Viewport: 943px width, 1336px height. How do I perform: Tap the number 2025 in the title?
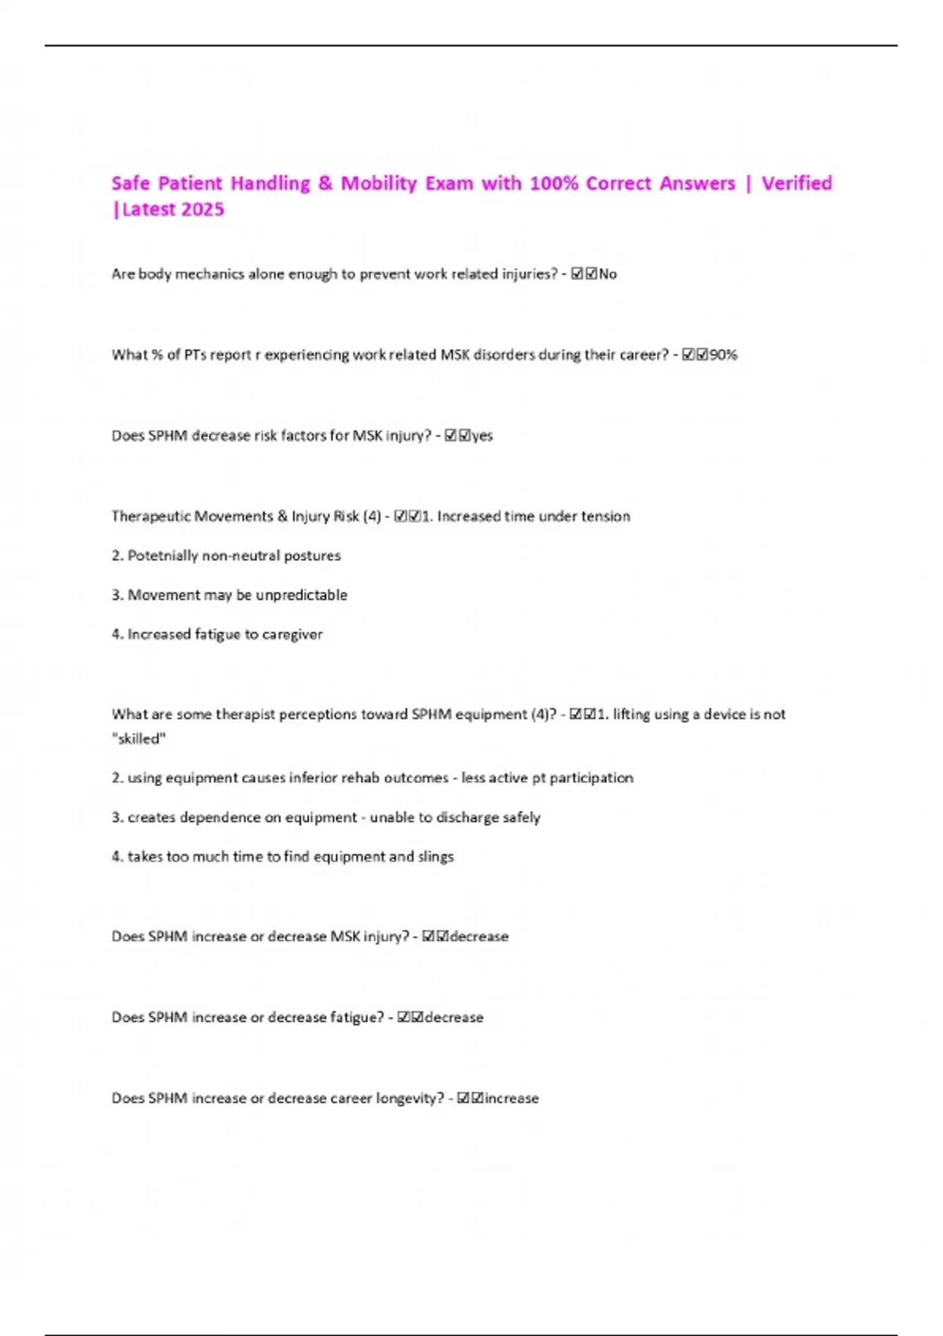[x=203, y=210]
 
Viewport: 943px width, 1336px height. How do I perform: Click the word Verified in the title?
[x=796, y=184]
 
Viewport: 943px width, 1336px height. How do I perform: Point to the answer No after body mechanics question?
[x=607, y=274]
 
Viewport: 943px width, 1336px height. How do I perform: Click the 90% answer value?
[x=723, y=355]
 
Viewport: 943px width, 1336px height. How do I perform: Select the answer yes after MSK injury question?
[x=482, y=436]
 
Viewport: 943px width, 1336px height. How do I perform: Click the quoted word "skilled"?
[x=139, y=739]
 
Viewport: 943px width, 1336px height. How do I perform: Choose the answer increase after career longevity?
[x=512, y=1099]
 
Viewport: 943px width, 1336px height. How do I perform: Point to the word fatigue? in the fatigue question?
[x=357, y=1018]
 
